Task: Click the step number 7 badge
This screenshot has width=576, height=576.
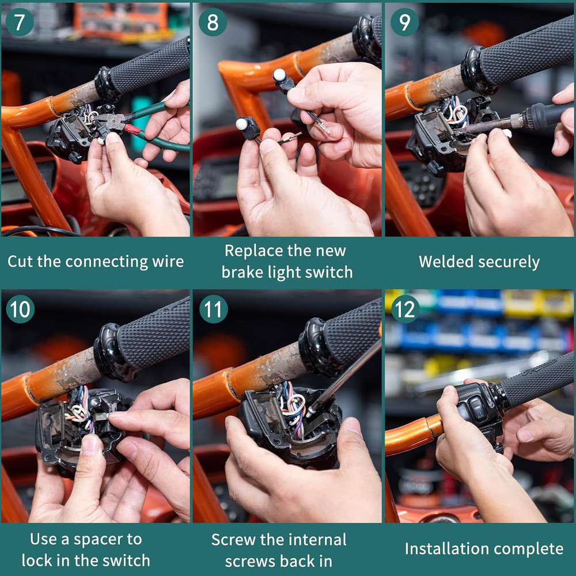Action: click(20, 21)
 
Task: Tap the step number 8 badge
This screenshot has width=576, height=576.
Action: click(213, 21)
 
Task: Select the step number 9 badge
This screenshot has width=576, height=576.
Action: click(404, 21)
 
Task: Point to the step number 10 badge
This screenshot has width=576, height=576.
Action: click(20, 309)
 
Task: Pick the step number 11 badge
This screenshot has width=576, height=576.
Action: click(213, 309)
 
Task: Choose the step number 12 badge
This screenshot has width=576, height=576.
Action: click(405, 309)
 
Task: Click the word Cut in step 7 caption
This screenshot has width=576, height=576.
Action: click(20, 262)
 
